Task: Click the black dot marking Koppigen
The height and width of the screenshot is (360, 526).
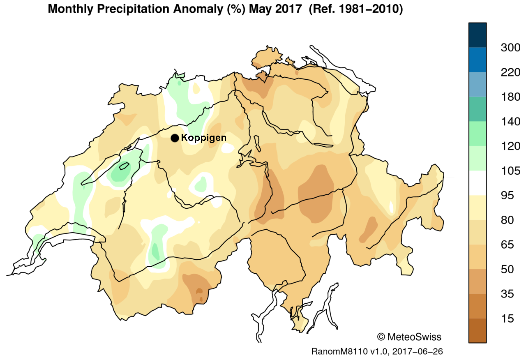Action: coord(175,138)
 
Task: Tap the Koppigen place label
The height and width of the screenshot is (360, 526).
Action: coord(203,138)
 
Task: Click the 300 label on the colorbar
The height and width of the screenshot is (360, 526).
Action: coord(510,48)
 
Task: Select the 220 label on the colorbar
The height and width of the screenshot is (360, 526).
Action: coord(510,72)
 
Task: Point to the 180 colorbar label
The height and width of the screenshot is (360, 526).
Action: coord(510,97)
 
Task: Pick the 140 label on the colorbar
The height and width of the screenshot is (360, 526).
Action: coord(510,122)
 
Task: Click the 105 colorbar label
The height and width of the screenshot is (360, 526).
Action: coord(510,171)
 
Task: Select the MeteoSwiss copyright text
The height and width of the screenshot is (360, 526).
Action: coord(409,337)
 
